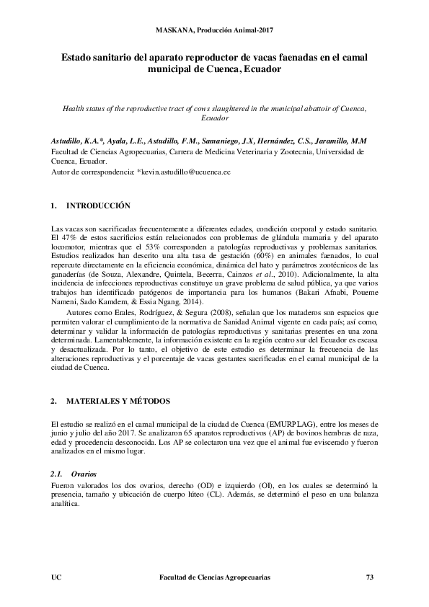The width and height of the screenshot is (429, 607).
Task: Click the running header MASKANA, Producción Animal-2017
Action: click(x=214, y=30)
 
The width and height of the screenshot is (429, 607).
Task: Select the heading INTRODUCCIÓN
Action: click(x=98, y=205)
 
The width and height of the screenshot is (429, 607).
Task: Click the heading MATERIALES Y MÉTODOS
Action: click(x=118, y=400)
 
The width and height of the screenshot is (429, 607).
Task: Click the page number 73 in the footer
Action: click(x=371, y=577)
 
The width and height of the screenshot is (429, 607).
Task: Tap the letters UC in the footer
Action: click(x=58, y=577)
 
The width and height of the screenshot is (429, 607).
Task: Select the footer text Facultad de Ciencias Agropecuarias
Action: click(x=214, y=577)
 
